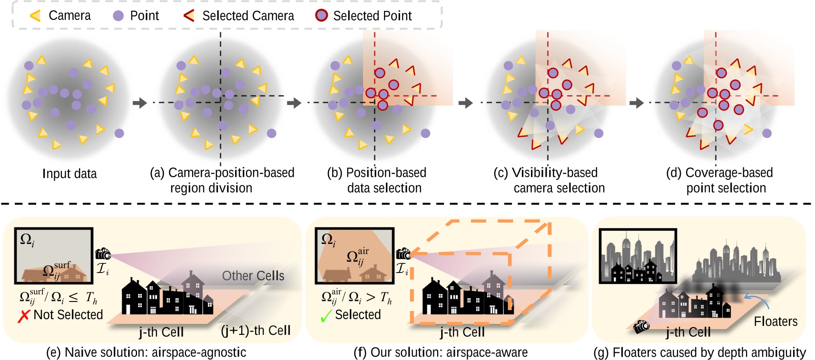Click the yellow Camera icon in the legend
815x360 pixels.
pyautogui.click(x=35, y=16)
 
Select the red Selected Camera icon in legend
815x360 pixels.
pyautogui.click(x=189, y=16)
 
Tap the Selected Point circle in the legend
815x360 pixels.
pyautogui.click(x=322, y=16)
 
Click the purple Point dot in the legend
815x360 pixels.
pyautogui.click(x=118, y=16)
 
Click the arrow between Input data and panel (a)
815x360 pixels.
pyautogui.click(x=139, y=103)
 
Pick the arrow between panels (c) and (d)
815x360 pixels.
pyautogui.click(x=636, y=103)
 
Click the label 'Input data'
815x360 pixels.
pyautogui.click(x=69, y=174)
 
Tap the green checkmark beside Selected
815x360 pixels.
pyautogui.click(x=326, y=316)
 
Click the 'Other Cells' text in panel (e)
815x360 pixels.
pyautogui.click(x=253, y=276)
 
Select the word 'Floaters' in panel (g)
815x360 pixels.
pyautogui.click(x=776, y=321)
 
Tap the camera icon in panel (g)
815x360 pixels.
pyautogui.click(x=642, y=326)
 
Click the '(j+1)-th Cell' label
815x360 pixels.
pyautogui.click(x=255, y=330)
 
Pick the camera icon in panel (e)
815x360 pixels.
pyautogui.click(x=103, y=254)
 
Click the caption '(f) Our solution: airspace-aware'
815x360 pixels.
pyautogui.click(x=440, y=352)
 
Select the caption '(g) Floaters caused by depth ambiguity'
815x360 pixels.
pyautogui.click(x=699, y=352)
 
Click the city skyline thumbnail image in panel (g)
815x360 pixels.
pyautogui.click(x=638, y=256)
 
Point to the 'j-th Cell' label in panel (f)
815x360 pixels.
pyautogui.click(x=462, y=332)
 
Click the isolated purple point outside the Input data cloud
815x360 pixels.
pyautogui.click(x=119, y=134)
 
